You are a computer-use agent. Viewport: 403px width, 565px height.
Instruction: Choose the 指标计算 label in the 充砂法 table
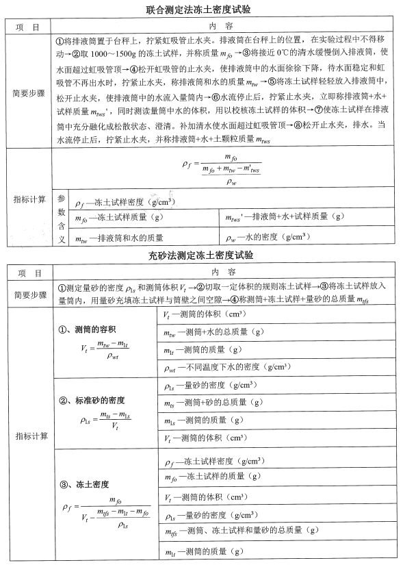pos(29,436)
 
